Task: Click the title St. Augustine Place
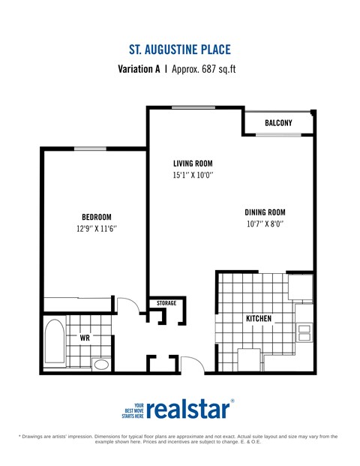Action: point(179,50)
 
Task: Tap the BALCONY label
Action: point(278,123)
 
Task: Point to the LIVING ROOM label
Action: point(193,164)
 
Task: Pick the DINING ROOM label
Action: point(265,212)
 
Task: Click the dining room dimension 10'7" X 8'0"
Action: point(265,224)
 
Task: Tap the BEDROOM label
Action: point(96,218)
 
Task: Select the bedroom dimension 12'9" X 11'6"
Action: point(96,230)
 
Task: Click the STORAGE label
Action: point(166,303)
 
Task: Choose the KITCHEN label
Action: point(259,319)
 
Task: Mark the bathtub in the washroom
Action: point(55,342)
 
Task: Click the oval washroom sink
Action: point(101,365)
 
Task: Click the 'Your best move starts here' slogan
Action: point(133,410)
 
